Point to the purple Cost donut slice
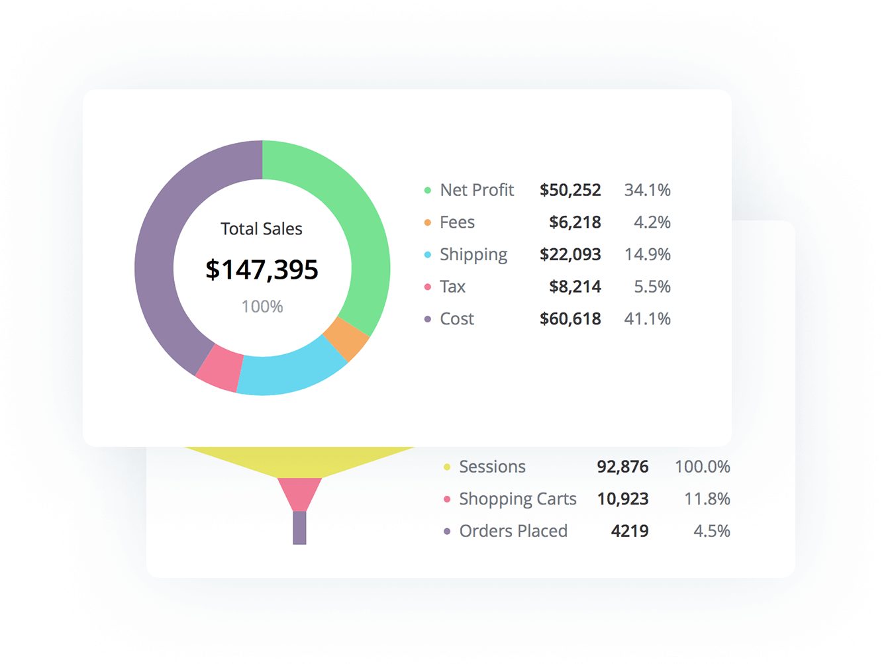point(159,252)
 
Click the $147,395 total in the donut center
point(262,269)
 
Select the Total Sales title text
point(262,229)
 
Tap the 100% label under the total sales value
point(262,307)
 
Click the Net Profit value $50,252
point(570,190)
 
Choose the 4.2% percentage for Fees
point(652,222)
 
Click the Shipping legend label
point(473,255)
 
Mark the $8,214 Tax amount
point(575,287)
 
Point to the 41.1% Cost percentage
point(647,319)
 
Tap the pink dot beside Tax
point(428,287)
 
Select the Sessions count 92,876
point(622,467)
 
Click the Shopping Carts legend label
point(518,499)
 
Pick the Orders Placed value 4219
point(630,531)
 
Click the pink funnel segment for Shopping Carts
point(299,492)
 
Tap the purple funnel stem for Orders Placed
point(299,528)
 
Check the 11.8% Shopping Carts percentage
point(707,499)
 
